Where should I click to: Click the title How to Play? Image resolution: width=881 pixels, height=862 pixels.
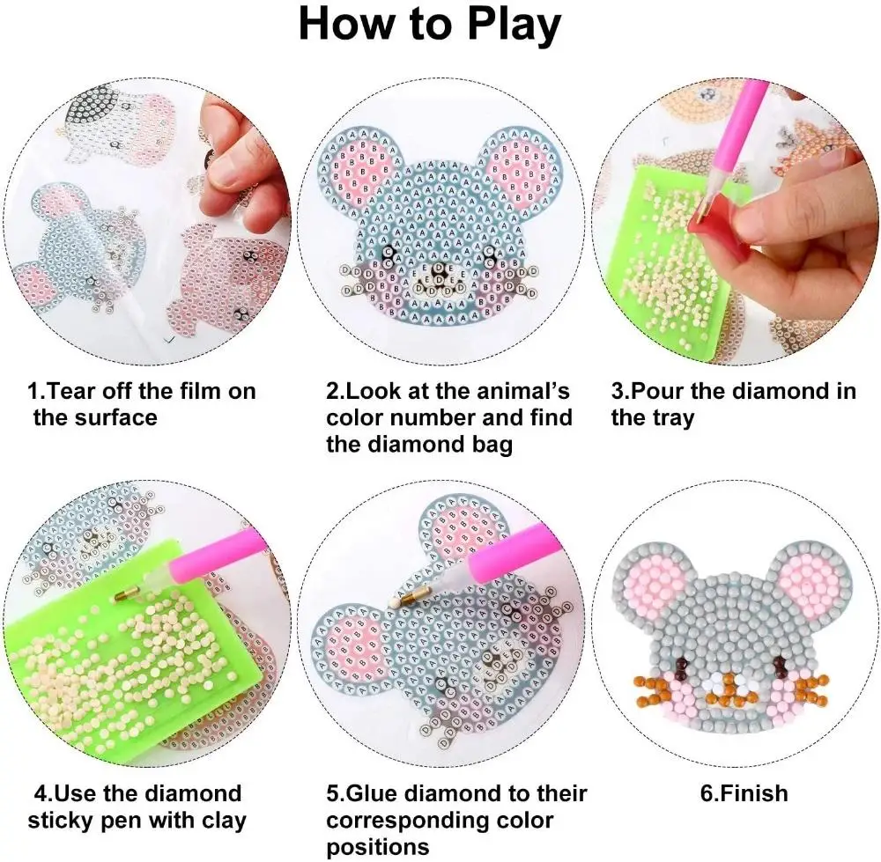click(429, 25)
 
